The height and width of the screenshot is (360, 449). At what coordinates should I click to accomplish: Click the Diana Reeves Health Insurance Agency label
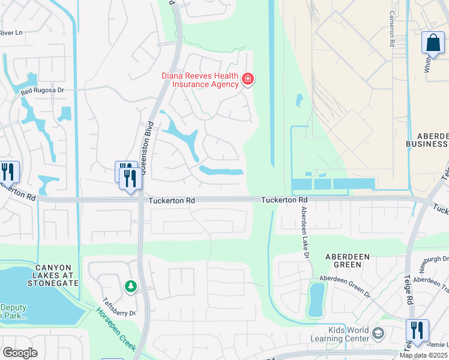click(200, 80)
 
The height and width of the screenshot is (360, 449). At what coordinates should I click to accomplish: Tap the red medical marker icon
click(247, 79)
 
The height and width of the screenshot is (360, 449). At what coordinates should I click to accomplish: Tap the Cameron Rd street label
click(391, 29)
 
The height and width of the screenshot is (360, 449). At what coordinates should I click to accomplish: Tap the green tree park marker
click(130, 287)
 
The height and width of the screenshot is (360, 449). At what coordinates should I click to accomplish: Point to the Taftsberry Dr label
click(119, 307)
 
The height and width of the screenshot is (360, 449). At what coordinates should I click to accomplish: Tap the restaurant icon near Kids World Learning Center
click(417, 331)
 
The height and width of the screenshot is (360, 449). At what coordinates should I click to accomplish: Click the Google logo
click(20, 352)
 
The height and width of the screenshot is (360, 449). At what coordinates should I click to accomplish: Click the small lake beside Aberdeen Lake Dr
click(316, 299)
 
